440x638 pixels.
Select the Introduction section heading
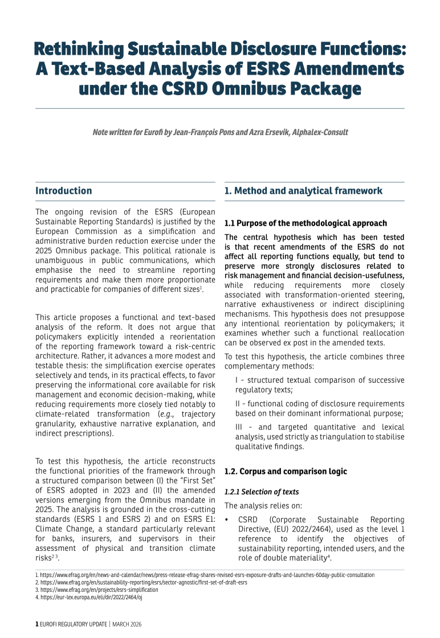tap(63, 191)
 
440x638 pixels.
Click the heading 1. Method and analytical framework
tap(303, 191)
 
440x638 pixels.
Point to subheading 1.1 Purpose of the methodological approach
tap(305, 223)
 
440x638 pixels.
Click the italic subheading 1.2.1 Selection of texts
tap(262, 492)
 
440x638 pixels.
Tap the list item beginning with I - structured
tap(320, 385)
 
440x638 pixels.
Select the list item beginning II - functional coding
tap(320, 408)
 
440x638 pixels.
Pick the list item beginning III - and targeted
tap(320, 432)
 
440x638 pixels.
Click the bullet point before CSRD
tap(227, 520)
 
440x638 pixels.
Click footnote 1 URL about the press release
tap(205, 575)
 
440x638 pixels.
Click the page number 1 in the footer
tap(37, 624)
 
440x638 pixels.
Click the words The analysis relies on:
tap(258, 505)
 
